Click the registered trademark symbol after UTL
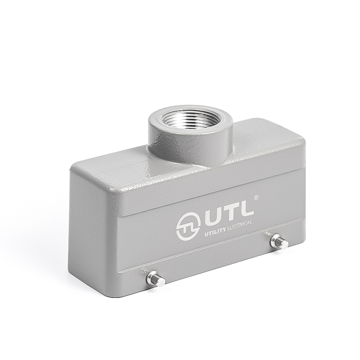(x=256, y=197)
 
